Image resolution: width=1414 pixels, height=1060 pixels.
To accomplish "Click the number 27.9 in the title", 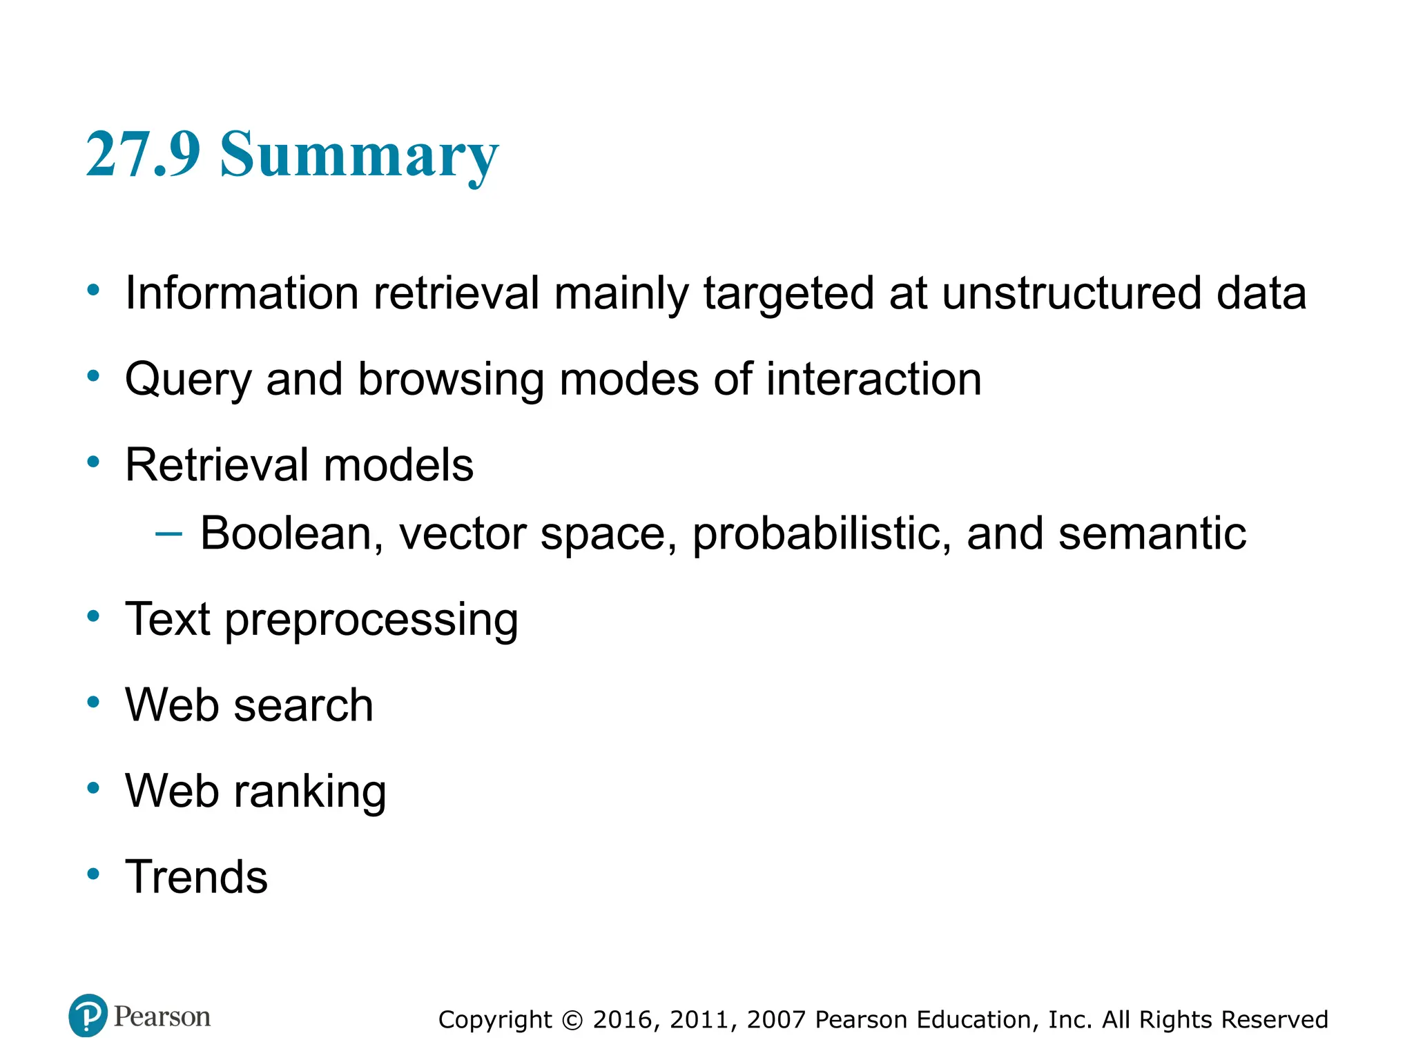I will pos(143,154).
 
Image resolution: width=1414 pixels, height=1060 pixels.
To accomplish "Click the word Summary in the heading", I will pos(359,155).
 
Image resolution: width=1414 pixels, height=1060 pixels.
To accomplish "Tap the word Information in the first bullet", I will pos(242,293).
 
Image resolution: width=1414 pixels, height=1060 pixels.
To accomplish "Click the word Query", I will pos(188,380).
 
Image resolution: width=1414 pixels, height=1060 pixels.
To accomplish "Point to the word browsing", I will pos(450,380).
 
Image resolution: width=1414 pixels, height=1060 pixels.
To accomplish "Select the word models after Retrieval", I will pos(398,464).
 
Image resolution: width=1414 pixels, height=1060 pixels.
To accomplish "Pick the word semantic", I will pos(1152,533).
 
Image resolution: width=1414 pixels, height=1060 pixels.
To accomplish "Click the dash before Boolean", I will pos(169,533).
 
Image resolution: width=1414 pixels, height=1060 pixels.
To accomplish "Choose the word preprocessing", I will pos(371,620).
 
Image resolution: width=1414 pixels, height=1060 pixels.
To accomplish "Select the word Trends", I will pos(196,877).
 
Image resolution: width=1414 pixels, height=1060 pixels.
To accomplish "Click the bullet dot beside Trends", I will pos(93,874).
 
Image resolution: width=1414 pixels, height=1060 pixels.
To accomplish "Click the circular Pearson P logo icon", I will pos(88,1015).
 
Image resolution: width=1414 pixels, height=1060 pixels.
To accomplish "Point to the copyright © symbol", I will pos(572,1020).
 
